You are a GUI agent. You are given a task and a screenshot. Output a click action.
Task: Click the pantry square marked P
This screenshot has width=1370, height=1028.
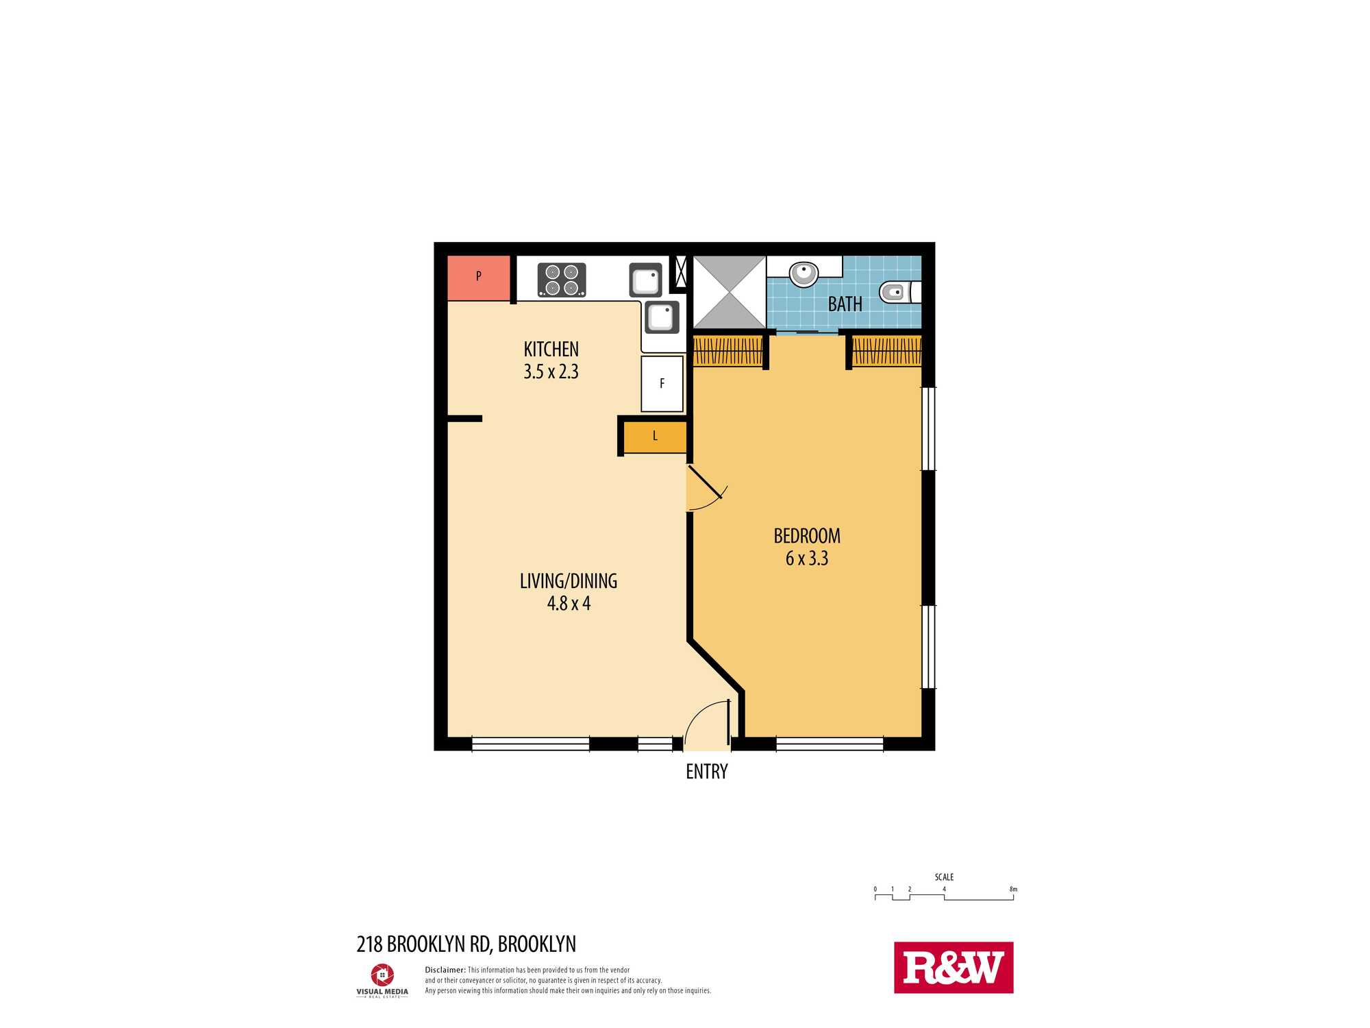[479, 278]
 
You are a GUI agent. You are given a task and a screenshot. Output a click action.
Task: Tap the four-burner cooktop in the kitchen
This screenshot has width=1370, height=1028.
[562, 280]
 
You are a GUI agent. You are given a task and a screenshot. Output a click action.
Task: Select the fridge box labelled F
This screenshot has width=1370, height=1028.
[662, 384]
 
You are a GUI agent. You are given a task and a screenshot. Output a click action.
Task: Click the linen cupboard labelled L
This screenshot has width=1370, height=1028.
[655, 437]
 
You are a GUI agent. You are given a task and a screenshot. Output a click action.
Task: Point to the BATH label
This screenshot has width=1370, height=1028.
[845, 304]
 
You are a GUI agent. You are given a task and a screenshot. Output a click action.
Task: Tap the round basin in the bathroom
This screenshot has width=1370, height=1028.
[804, 274]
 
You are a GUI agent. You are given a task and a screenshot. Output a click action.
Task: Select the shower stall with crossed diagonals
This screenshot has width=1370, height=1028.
[730, 292]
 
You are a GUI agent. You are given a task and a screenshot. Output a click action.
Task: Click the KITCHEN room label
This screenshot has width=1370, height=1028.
[551, 350]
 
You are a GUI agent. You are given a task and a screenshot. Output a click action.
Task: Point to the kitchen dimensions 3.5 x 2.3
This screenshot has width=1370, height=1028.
[551, 372]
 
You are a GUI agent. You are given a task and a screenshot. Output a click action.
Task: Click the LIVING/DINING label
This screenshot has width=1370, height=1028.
[569, 581]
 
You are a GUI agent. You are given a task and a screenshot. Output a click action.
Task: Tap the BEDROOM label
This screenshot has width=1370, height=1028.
[807, 536]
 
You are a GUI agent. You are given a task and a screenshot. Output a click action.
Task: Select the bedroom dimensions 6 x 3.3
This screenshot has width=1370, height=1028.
[807, 559]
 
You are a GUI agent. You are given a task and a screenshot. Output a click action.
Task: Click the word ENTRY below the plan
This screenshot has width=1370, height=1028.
[707, 772]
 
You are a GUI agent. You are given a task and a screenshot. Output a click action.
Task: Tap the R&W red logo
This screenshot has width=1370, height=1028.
[954, 968]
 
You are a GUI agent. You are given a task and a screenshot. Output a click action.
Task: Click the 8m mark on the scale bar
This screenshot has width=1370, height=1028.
[1013, 890]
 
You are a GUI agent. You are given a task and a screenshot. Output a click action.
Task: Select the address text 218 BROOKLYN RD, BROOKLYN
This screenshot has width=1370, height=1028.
[466, 944]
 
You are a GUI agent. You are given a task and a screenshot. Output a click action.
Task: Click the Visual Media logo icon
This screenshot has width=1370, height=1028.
[382, 975]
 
